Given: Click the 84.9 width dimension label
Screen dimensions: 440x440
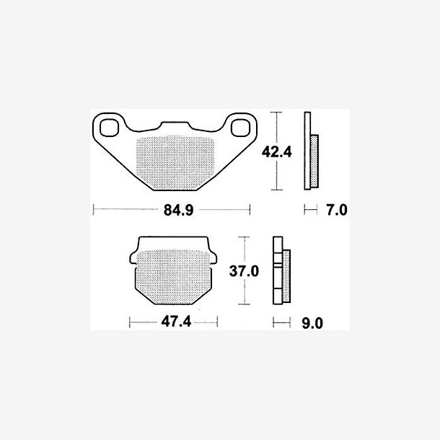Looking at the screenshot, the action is (178, 210).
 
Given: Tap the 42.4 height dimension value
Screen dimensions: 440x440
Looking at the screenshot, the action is (276, 152).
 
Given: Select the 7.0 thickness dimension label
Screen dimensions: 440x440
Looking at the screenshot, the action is (336, 210).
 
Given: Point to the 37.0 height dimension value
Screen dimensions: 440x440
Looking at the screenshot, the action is (244, 271).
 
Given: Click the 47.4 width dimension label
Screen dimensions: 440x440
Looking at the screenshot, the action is (176, 322).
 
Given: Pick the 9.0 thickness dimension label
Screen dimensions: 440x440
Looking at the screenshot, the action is (312, 323).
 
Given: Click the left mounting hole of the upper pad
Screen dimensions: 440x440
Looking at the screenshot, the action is (109, 128).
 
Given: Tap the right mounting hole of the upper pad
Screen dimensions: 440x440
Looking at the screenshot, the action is (240, 128).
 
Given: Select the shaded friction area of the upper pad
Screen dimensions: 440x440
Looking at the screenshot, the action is (175, 162).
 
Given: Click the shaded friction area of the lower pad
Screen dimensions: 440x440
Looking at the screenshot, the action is (173, 277).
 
